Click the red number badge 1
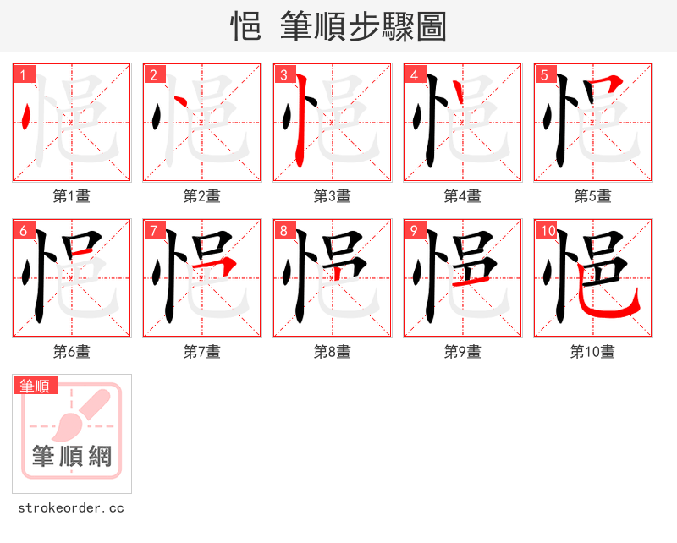(24, 74)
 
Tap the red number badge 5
(545, 74)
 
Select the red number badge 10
(547, 230)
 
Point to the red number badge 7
(154, 230)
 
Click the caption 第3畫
(332, 195)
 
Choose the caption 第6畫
(71, 351)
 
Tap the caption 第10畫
(592, 351)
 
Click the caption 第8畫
(332, 351)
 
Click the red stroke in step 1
(28, 116)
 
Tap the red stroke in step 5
(608, 84)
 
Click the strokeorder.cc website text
(71, 508)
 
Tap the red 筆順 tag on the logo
(36, 386)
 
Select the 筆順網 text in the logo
(72, 457)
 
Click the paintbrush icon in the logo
(80, 414)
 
